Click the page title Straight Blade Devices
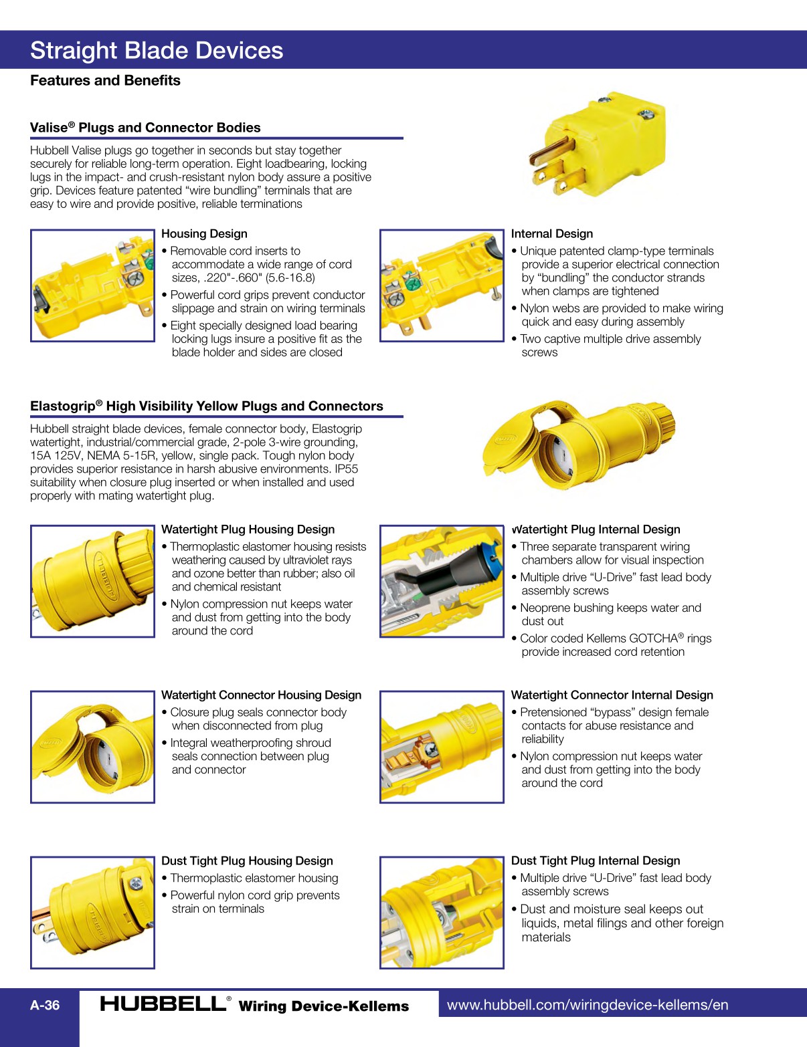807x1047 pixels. pos(157,51)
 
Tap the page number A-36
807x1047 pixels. pos(45,1005)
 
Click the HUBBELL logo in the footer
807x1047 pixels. pos(163,1004)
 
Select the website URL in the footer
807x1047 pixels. pos(588,1005)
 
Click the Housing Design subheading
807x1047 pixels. pos(204,234)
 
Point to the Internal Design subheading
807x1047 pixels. pos(551,234)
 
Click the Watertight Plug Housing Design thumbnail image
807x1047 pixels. pos(92,581)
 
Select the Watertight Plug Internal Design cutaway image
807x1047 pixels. pos(442,581)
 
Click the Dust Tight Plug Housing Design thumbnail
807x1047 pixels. pos(92,913)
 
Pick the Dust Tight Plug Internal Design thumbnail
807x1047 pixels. pos(442,913)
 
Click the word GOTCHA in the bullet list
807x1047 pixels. pos(653,638)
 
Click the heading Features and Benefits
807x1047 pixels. pos(105,81)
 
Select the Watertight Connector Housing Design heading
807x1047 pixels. pos(261,695)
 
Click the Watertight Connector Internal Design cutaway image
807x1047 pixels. pos(442,747)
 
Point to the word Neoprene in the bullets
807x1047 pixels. pos(547,608)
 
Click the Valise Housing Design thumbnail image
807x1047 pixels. pos(92,285)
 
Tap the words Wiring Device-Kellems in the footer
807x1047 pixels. pos(323,1006)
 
